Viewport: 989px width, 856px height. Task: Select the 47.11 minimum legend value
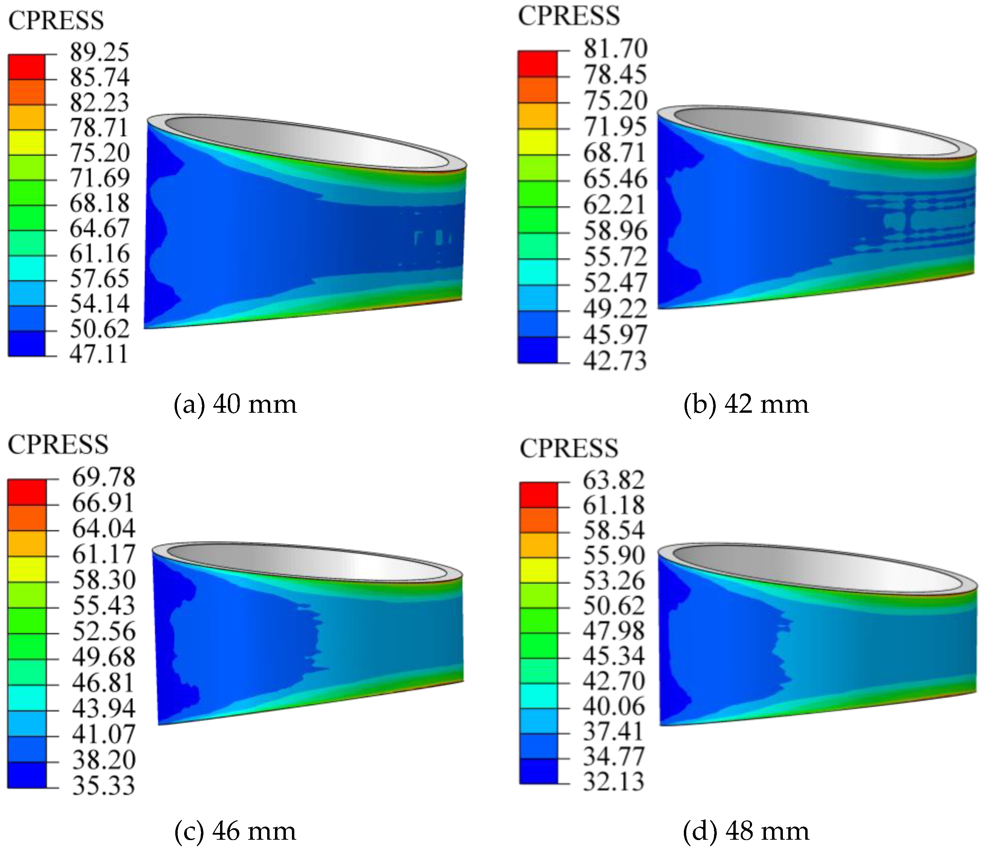point(99,354)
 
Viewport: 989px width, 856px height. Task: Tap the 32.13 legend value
point(614,781)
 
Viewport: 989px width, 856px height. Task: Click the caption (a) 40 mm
point(235,404)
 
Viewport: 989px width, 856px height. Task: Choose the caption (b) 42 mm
point(746,404)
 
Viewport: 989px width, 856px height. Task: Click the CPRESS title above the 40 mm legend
point(56,21)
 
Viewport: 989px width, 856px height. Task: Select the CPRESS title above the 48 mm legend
point(569,449)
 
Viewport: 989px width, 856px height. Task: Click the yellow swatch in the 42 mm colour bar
point(537,141)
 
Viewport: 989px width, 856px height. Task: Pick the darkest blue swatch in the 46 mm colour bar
point(27,774)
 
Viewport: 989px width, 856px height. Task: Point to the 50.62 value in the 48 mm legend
point(614,605)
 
